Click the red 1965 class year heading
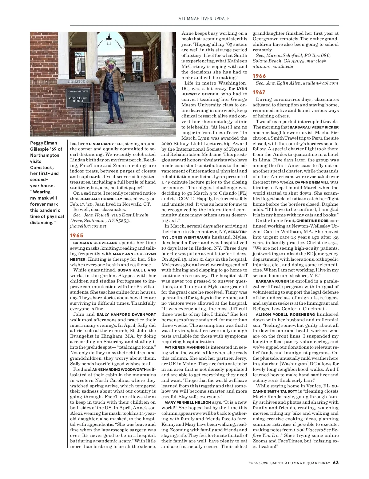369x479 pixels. (x=77, y=235)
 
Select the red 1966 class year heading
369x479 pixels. (x=259, y=76)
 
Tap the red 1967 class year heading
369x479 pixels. (x=259, y=92)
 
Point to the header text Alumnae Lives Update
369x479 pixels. (x=204, y=18)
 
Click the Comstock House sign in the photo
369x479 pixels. (x=78, y=99)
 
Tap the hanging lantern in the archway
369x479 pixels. (x=109, y=39)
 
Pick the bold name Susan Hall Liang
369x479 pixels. (x=137, y=270)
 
